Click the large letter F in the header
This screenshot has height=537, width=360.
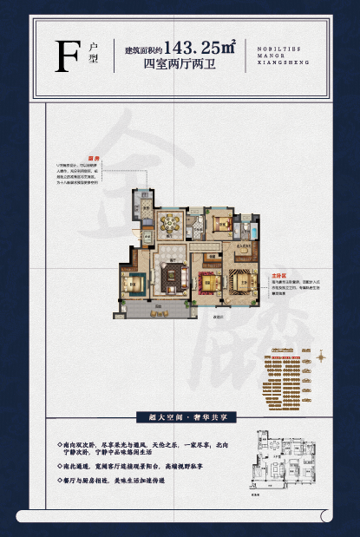(62, 54)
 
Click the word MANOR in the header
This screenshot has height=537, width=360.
(272, 54)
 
